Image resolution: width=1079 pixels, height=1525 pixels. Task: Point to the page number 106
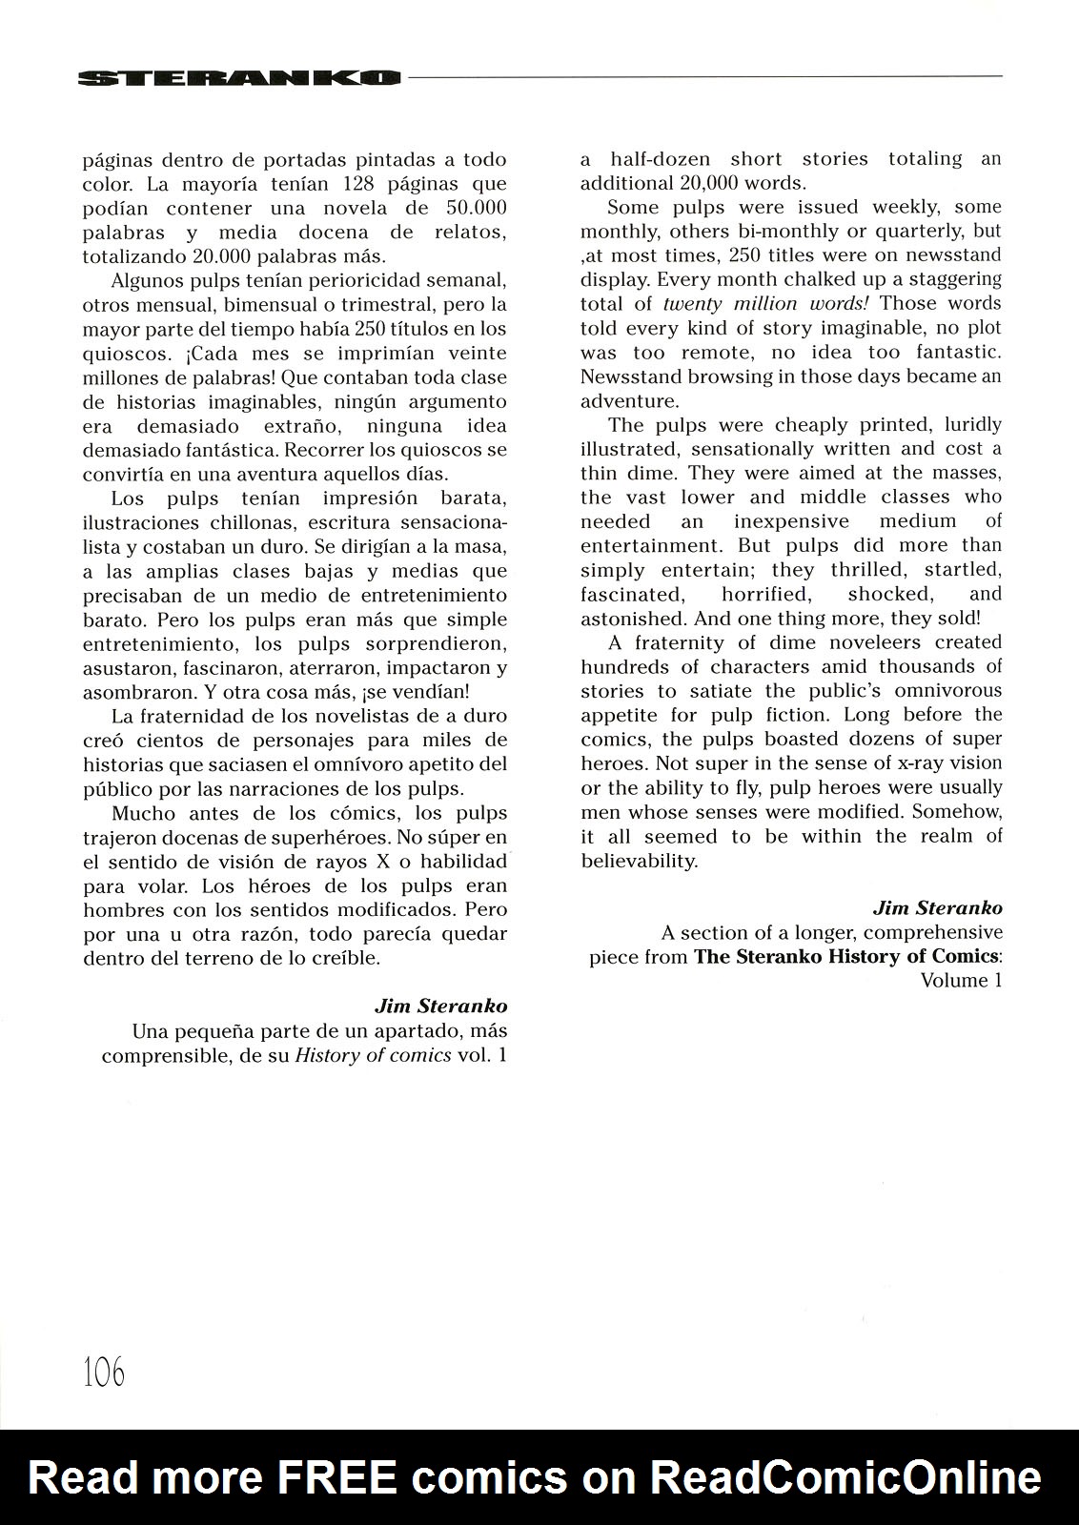[x=104, y=1372]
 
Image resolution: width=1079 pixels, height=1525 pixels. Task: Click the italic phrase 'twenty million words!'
[x=769, y=303]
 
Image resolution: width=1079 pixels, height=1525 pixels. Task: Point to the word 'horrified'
[x=765, y=594]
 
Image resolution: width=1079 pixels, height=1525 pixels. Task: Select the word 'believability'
[x=638, y=860]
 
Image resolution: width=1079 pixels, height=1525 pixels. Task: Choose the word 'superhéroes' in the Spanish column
[x=318, y=837]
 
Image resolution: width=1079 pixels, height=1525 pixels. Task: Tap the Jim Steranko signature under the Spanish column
[x=440, y=1006]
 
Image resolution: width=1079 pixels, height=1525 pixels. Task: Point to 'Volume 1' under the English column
[x=961, y=981]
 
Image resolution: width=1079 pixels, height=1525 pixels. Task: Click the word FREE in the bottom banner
[x=336, y=1477]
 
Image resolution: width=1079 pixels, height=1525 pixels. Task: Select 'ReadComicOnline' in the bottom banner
[x=845, y=1477]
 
